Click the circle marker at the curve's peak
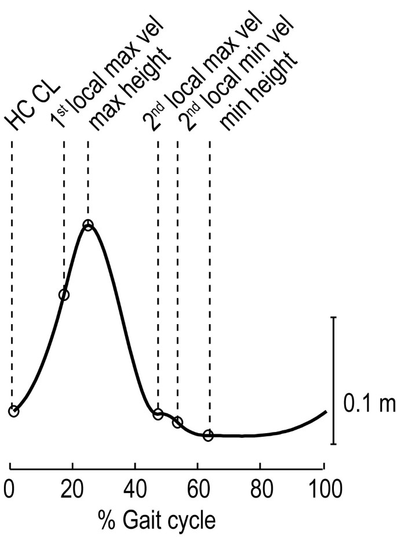(x=88, y=225)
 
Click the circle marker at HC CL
(x=13, y=411)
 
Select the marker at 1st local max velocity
(x=64, y=295)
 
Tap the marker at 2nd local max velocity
(x=158, y=414)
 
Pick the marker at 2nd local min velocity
(x=177, y=422)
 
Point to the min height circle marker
(x=209, y=435)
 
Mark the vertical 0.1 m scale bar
(x=333, y=380)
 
